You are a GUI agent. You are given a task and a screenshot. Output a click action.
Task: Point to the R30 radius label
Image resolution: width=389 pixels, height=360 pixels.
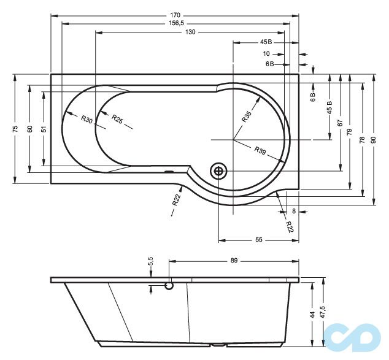[87, 120]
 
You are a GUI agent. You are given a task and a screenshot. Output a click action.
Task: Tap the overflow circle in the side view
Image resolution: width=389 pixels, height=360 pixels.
[170, 285]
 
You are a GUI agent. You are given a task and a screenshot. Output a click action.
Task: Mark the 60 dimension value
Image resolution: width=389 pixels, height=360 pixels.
[29, 128]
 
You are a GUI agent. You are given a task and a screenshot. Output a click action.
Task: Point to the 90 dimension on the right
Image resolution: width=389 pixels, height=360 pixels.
[374, 140]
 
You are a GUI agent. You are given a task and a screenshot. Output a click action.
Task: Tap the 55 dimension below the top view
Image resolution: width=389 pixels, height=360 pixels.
[258, 240]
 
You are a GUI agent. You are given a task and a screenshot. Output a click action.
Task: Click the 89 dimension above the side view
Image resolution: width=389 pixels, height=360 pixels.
[234, 261]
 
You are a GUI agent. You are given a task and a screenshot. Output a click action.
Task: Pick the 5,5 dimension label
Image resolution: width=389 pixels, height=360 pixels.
[150, 262]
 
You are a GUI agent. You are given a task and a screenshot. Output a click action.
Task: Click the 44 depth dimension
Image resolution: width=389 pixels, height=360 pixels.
[312, 314]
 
